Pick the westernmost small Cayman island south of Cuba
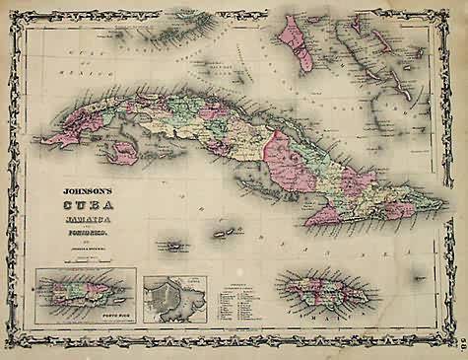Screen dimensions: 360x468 pyautogui.click(x=175, y=244)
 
